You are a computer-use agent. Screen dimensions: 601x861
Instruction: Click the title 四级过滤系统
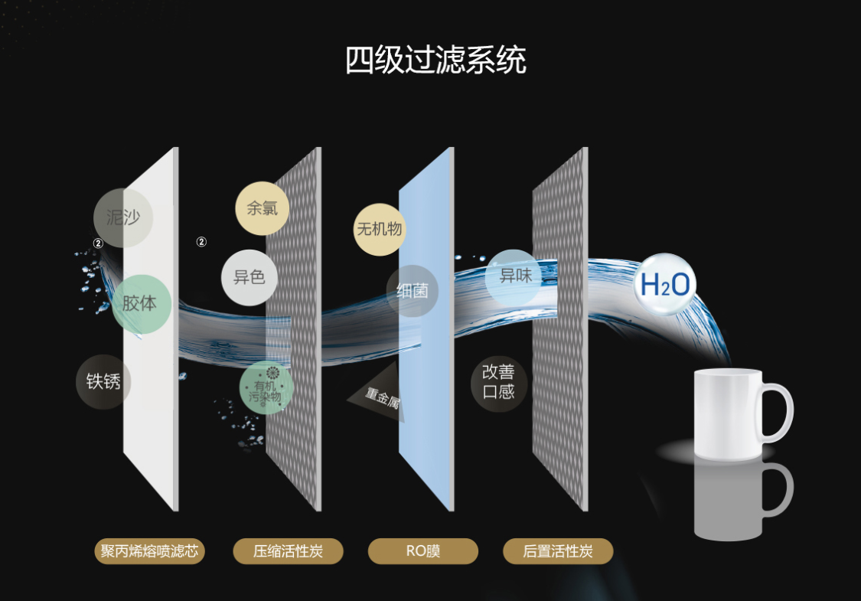coord(435,60)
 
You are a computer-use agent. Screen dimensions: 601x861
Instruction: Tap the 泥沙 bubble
coord(123,217)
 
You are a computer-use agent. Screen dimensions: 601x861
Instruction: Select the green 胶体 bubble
coord(139,303)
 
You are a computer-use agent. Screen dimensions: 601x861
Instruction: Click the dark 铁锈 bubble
coord(103,381)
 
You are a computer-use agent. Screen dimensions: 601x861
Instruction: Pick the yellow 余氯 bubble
coord(262,207)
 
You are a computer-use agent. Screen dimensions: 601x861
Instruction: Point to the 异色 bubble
coord(249,276)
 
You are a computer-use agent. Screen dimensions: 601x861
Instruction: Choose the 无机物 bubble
coord(379,228)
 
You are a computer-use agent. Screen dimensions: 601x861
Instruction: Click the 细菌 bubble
coord(413,291)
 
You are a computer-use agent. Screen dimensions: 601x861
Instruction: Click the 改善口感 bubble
coord(498,382)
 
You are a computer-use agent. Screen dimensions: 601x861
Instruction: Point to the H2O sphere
coord(664,285)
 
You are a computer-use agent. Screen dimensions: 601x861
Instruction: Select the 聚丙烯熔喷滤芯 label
coord(149,551)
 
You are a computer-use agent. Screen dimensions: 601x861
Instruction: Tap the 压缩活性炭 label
coord(288,551)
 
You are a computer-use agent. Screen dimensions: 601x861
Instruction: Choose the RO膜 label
coord(423,551)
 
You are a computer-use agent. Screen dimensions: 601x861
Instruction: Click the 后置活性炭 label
coord(558,551)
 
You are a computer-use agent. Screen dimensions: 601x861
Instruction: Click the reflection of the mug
coord(735,501)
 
